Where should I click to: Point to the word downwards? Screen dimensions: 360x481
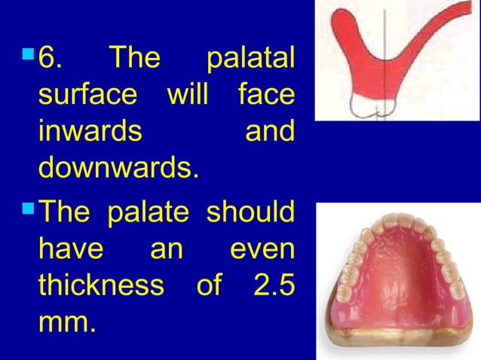[x=118, y=168]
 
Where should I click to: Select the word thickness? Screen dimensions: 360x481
[x=100, y=285]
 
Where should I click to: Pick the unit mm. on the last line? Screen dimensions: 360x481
[x=67, y=322]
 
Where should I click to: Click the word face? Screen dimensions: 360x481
[x=265, y=96]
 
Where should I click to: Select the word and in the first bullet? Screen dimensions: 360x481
[x=270, y=132]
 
